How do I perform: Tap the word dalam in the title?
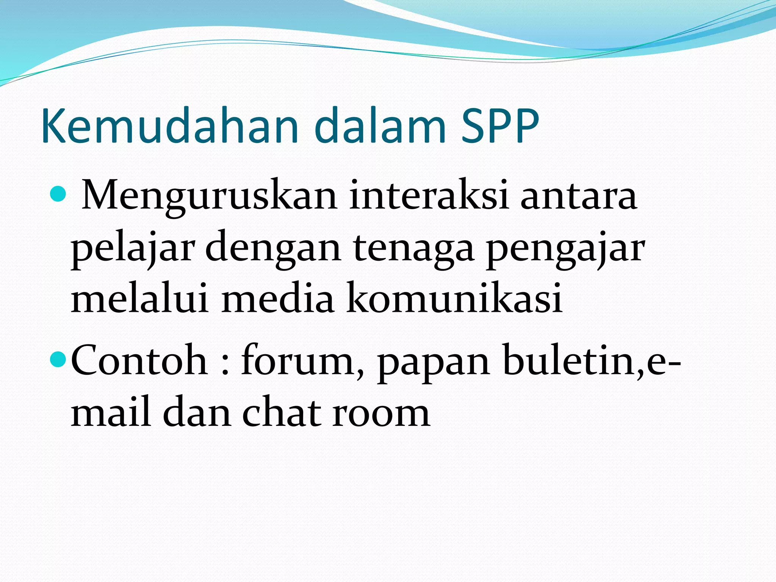tap(380, 126)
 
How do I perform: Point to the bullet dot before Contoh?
tap(58, 359)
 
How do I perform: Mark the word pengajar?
tap(565, 250)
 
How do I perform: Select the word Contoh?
tap(139, 360)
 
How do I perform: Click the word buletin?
tap(572, 360)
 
